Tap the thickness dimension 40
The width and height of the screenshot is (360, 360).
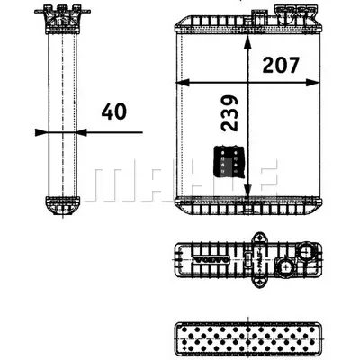114,113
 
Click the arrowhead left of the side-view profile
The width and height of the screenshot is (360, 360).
39,132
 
